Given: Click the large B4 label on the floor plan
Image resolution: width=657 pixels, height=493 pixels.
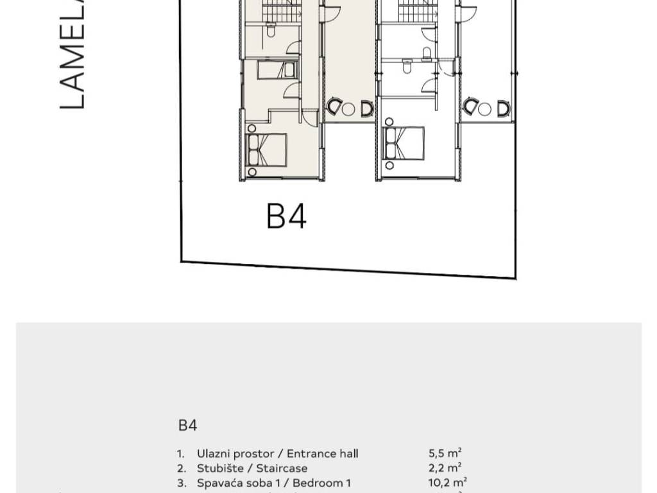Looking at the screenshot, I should click(x=286, y=216).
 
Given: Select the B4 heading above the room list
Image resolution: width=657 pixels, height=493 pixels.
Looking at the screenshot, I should click(x=187, y=425).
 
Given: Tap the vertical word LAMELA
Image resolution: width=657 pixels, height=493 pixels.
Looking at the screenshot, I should click(x=72, y=55).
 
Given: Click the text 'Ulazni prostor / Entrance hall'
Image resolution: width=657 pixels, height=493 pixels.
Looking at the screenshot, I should click(x=277, y=453).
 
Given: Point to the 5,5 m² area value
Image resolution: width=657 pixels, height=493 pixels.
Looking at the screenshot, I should click(x=445, y=453).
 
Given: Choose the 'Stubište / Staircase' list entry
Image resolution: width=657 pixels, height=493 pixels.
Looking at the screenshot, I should click(x=252, y=468).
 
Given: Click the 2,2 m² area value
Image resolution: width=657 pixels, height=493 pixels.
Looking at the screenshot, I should click(x=445, y=468).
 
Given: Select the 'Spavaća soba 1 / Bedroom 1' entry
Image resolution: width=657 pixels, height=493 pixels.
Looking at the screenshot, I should click(x=274, y=483).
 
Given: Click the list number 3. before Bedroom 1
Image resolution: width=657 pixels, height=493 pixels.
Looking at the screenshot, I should click(x=182, y=483).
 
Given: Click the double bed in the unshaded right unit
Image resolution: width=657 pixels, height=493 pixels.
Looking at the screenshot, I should click(x=404, y=143).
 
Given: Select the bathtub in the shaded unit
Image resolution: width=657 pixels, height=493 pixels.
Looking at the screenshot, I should click(x=277, y=69).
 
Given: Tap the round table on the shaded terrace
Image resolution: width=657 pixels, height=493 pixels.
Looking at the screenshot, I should click(x=348, y=108).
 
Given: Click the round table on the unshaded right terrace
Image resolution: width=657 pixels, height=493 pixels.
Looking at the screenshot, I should click(x=485, y=108).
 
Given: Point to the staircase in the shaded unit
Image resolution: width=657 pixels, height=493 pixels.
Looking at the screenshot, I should click(x=282, y=10).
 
